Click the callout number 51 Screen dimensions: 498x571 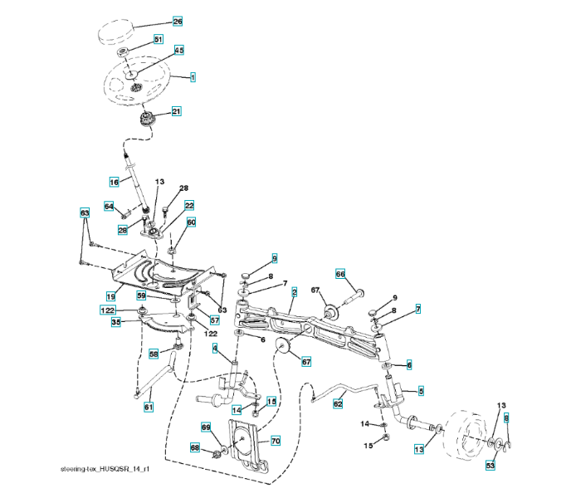pyautogui.click(x=159, y=40)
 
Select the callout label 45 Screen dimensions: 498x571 pyautogui.click(x=178, y=50)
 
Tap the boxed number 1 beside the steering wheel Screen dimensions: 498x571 pyautogui.click(x=193, y=77)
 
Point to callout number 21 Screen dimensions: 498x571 pyautogui.click(x=176, y=111)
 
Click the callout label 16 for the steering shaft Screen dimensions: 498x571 pyautogui.click(x=115, y=181)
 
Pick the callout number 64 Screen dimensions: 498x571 pyautogui.click(x=109, y=206)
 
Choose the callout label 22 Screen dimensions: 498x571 pyautogui.click(x=189, y=205)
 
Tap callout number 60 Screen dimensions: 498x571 pyautogui.click(x=191, y=222)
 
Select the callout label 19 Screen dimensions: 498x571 pyautogui.click(x=110, y=295)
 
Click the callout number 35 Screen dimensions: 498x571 pyautogui.click(x=116, y=322)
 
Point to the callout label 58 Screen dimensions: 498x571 pyautogui.click(x=154, y=354)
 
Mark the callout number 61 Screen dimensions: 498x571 pyautogui.click(x=149, y=406)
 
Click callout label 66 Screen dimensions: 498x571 pyautogui.click(x=339, y=274)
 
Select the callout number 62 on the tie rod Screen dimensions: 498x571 pyautogui.click(x=338, y=403)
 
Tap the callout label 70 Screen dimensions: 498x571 pyautogui.click(x=276, y=441)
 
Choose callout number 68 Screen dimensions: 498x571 pyautogui.click(x=195, y=448)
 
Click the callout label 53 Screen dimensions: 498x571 pyautogui.click(x=490, y=466)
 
